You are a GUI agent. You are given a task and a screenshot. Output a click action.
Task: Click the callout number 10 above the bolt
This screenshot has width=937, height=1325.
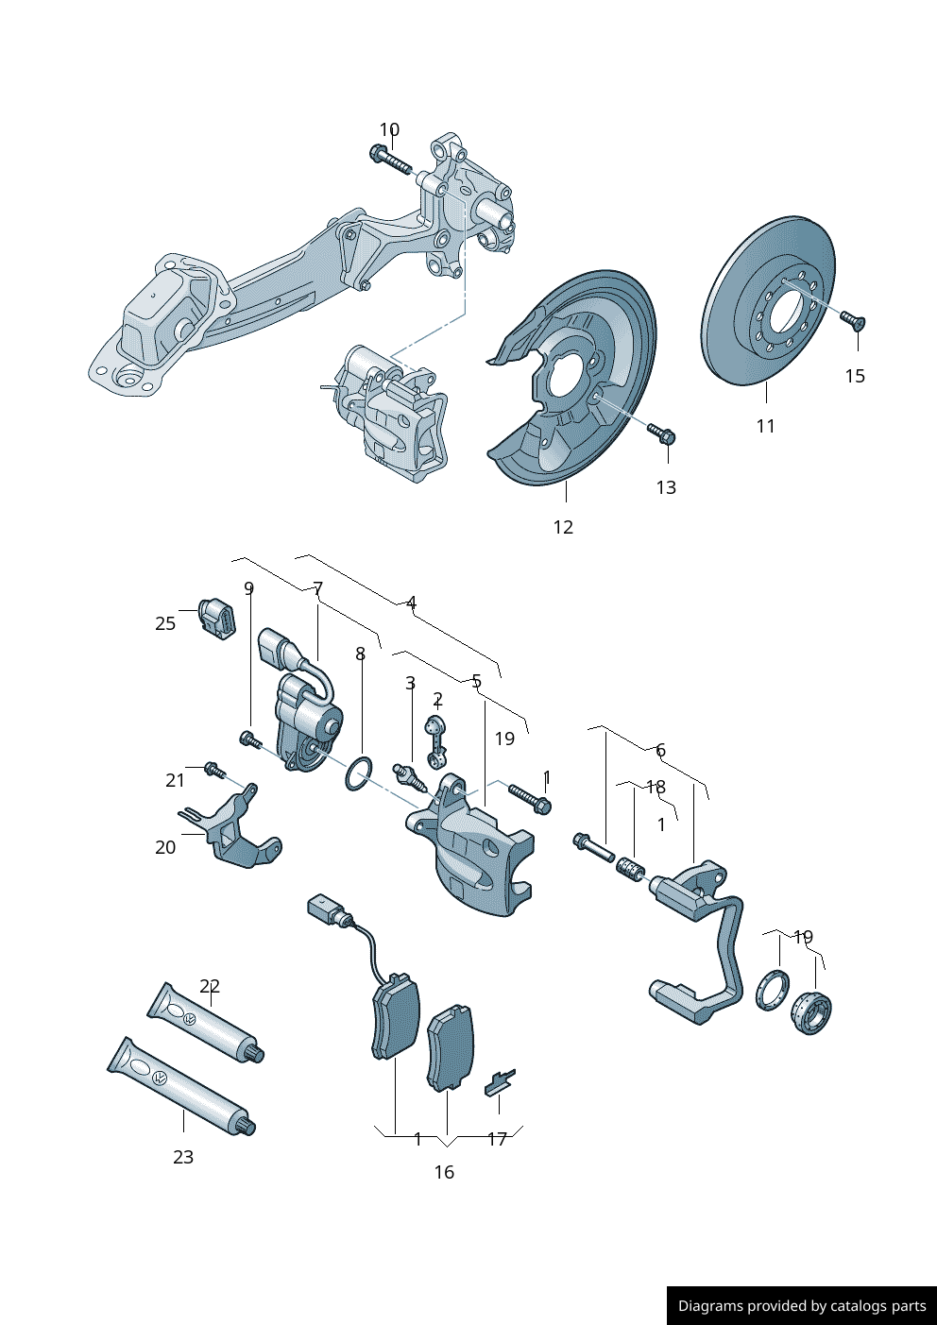(x=389, y=129)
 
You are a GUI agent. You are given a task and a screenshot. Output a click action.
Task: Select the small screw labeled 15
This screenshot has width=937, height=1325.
(x=853, y=320)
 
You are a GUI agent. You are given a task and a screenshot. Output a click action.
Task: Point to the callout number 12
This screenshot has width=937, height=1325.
(x=563, y=527)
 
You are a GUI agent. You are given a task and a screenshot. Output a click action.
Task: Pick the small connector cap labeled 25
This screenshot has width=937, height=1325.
(x=216, y=619)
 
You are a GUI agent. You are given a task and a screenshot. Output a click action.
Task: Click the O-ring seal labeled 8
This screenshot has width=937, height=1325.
(x=358, y=773)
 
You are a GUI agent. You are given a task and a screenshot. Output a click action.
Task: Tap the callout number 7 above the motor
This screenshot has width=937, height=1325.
(x=318, y=588)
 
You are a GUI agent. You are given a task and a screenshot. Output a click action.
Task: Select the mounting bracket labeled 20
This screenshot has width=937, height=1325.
(x=235, y=830)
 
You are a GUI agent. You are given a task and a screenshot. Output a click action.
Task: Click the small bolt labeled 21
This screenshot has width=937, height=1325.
(x=214, y=771)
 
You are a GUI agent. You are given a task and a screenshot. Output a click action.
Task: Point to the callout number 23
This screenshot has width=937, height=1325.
(x=183, y=1157)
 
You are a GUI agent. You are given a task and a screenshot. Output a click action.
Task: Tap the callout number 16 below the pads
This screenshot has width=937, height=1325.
(x=444, y=1172)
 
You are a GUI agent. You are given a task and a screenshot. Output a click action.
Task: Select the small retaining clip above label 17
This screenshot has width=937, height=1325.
(x=500, y=1082)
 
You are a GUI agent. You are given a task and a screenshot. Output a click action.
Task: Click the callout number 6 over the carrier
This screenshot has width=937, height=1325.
(x=660, y=750)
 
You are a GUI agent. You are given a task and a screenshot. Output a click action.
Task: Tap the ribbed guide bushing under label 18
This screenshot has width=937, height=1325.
(x=630, y=868)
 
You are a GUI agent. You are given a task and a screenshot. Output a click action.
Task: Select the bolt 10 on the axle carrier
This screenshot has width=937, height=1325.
(x=391, y=161)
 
